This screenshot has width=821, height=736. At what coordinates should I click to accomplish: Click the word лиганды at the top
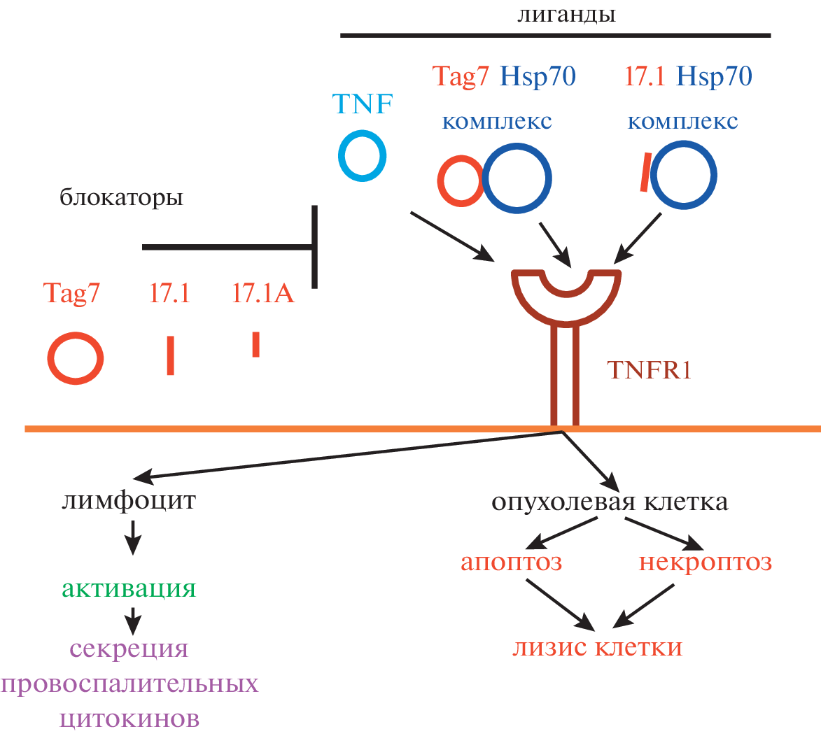[566, 14]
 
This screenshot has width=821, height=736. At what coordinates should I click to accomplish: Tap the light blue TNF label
[363, 104]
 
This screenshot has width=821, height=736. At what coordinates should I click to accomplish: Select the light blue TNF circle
[362, 155]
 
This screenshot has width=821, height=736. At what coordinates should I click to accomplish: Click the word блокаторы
[121, 198]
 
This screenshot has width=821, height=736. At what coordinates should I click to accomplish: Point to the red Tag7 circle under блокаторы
[76, 359]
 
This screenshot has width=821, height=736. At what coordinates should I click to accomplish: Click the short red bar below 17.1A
[256, 344]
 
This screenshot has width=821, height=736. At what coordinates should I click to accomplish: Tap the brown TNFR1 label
[650, 369]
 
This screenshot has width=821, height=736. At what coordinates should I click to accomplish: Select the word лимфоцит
[128, 501]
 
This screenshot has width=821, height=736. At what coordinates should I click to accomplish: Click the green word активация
[129, 588]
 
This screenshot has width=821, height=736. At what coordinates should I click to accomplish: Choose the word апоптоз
[512, 562]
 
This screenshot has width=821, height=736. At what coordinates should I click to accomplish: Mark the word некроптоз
[706, 562]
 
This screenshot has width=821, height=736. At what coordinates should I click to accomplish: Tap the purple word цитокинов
[129, 718]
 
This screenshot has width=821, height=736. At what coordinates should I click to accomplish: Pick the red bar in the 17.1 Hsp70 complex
[644, 172]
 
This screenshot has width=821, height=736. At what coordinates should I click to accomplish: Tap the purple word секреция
[129, 649]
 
